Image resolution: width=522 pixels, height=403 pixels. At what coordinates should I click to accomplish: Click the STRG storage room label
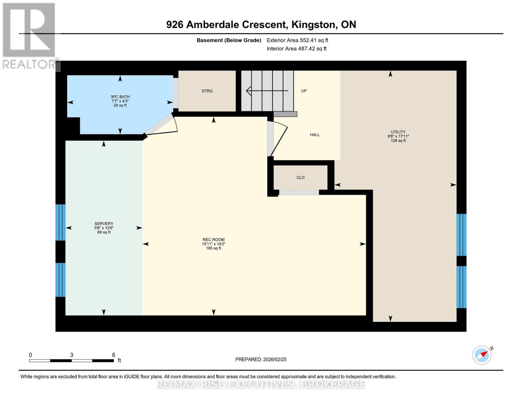[x=207, y=91]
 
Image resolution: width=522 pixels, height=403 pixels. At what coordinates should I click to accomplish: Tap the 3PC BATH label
[x=120, y=97]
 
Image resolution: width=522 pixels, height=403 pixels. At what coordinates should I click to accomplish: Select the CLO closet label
[x=300, y=177]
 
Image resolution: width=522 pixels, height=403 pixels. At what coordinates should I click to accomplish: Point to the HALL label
[x=315, y=135]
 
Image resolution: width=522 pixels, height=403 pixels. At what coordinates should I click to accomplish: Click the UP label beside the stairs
[x=304, y=91]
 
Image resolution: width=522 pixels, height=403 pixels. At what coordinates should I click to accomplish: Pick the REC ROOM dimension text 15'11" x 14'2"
[x=213, y=244]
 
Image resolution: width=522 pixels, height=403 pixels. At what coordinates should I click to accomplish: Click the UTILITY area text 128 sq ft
[x=398, y=140]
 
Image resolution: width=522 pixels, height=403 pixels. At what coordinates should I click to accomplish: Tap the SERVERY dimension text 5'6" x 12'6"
[x=104, y=228]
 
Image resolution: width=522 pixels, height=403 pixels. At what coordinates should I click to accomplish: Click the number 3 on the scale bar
[x=71, y=355]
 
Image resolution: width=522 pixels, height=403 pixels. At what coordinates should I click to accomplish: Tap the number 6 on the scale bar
[x=114, y=355]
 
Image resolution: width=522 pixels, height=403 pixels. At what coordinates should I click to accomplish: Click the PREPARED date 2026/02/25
[x=275, y=359]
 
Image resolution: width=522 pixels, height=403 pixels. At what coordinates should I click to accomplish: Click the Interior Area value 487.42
[x=306, y=48]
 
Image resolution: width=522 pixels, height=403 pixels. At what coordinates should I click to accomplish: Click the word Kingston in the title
[x=313, y=25]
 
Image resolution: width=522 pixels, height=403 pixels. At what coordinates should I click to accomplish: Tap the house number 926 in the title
[x=175, y=25]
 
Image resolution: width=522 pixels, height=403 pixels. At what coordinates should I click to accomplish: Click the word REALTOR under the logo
[x=29, y=64]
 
